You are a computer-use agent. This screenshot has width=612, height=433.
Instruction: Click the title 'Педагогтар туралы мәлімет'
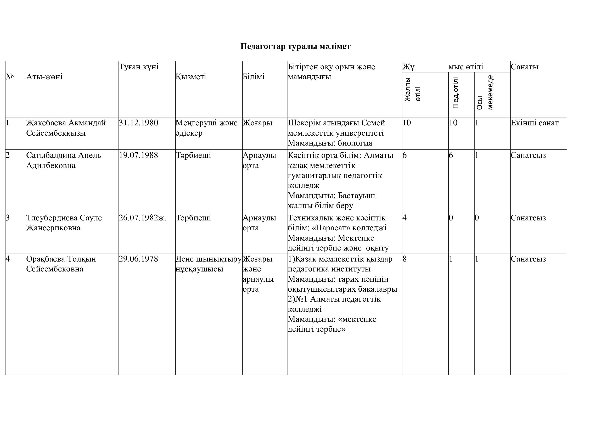tap(295, 46)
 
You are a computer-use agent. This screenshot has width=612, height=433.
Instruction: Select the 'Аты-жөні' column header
tap(44, 77)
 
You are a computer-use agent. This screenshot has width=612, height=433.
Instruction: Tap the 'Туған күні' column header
tap(139, 67)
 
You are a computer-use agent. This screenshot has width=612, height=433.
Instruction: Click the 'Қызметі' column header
tap(191, 77)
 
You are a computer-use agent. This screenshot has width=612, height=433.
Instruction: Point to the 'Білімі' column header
tap(254, 77)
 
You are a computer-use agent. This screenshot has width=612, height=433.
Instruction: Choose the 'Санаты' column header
tap(525, 67)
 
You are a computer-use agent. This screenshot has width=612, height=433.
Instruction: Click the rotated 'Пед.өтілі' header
tap(456, 93)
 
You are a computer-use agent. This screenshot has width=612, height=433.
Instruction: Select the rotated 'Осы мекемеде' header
tap(485, 93)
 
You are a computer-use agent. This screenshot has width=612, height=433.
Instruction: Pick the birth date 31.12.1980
tap(139, 123)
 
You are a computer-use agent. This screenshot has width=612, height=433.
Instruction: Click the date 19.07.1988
tap(139, 156)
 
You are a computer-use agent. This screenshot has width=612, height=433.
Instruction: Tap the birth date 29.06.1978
tap(139, 259)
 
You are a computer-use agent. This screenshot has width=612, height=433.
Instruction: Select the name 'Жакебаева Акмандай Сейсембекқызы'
tap(66, 128)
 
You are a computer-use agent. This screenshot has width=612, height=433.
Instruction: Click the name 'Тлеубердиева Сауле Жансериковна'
tap(64, 223)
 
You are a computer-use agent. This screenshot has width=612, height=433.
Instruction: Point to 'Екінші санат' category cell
tap(535, 123)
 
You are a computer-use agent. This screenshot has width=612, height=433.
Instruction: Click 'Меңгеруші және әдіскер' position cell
tap(207, 128)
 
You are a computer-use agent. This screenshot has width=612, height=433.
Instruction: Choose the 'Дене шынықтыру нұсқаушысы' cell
tap(209, 264)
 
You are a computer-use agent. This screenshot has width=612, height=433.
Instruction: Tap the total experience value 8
tap(405, 259)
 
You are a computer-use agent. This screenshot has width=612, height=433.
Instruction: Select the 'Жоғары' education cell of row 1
tap(258, 123)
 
